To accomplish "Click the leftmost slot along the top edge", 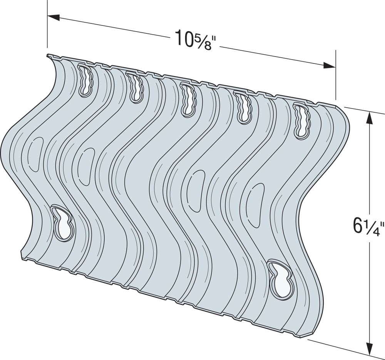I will [x=86, y=80].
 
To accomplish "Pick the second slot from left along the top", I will [x=135, y=88].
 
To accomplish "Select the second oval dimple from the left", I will [x=85, y=165].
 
